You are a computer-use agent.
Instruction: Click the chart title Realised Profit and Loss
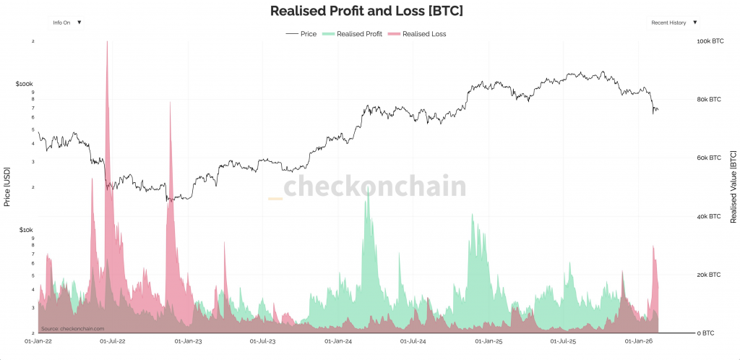[366, 11]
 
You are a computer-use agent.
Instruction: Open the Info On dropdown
[66, 22]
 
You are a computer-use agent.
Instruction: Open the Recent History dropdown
[674, 22]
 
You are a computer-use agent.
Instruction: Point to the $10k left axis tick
[25, 230]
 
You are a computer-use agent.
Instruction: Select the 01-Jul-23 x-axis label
[264, 340]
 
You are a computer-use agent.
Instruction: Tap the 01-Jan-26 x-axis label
[639, 340]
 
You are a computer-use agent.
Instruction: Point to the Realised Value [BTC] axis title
[733, 187]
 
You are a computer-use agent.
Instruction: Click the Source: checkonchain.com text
[73, 327]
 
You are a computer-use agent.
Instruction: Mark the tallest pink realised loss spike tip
[107, 42]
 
